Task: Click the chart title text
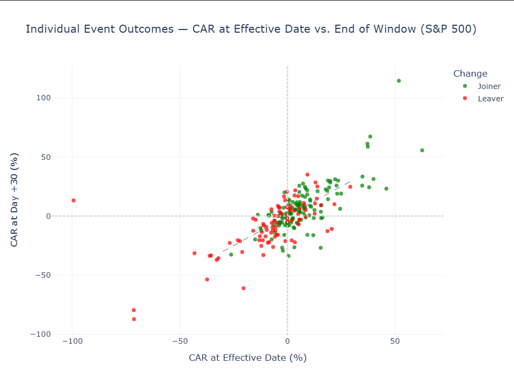pyautogui.click(x=251, y=29)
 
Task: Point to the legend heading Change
pyautogui.click(x=470, y=74)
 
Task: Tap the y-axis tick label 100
pyautogui.click(x=43, y=98)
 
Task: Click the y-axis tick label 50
pyautogui.click(x=46, y=157)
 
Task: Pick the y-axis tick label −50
pyautogui.click(x=43, y=275)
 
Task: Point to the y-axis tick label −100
pyautogui.click(x=41, y=334)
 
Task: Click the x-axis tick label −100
pyautogui.click(x=72, y=341)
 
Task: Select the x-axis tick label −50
pyautogui.click(x=180, y=341)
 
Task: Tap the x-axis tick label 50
pyautogui.click(x=395, y=341)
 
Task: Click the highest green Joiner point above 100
pyautogui.click(x=399, y=80)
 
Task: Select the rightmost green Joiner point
pyautogui.click(x=422, y=151)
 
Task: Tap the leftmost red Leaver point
pyautogui.click(x=74, y=201)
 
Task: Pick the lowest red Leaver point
pyautogui.click(x=134, y=319)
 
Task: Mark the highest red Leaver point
pyautogui.click(x=307, y=175)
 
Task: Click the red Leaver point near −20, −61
pyautogui.click(x=243, y=288)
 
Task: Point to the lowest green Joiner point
pyautogui.click(x=289, y=256)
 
